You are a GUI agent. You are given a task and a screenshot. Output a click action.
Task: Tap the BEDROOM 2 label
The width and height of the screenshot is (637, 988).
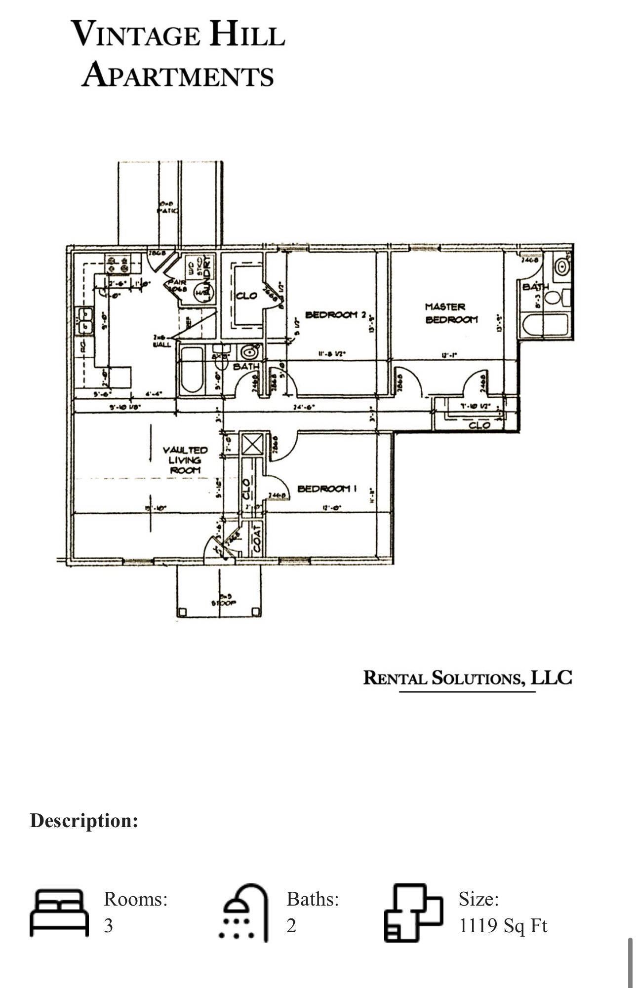pyautogui.click(x=335, y=314)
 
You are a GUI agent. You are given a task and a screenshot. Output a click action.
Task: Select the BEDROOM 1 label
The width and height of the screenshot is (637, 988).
pyautogui.click(x=326, y=489)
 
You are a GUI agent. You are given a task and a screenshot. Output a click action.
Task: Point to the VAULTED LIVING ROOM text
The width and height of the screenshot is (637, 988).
pyautogui.click(x=185, y=460)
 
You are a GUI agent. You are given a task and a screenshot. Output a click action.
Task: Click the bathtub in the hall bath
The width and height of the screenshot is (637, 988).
pyautogui.click(x=191, y=371)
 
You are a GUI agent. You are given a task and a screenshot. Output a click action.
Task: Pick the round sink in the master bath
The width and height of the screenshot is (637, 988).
pyautogui.click(x=561, y=267)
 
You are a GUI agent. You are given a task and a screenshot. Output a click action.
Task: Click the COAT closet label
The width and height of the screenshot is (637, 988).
pyautogui.click(x=257, y=538)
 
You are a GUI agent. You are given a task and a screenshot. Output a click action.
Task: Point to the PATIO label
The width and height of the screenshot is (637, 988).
pyautogui.click(x=167, y=210)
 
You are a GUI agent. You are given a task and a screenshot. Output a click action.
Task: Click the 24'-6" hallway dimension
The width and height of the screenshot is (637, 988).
pyautogui.click(x=304, y=408)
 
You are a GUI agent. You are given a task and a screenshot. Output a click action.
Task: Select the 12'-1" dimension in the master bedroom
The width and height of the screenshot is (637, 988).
pyautogui.click(x=448, y=354)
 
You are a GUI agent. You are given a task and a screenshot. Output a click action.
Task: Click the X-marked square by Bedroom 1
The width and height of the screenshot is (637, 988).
pyautogui.click(x=252, y=444)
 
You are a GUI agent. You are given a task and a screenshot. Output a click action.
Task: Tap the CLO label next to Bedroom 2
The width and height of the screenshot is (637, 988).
pyautogui.click(x=246, y=296)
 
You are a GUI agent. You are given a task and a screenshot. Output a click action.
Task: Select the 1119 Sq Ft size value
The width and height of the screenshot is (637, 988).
pyautogui.click(x=503, y=925)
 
